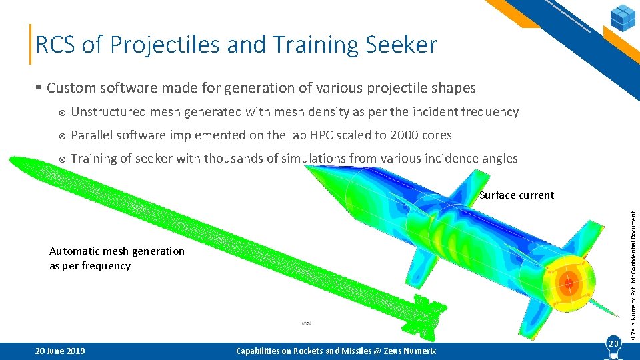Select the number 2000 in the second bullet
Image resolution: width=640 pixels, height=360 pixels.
[393, 135]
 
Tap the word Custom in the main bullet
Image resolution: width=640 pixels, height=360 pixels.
[69, 88]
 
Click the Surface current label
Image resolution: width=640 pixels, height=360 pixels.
[517, 195]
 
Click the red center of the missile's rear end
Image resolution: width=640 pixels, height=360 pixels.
[568, 283]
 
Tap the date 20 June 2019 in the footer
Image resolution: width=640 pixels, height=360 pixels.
[59, 351]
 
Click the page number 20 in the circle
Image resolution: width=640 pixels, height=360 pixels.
[613, 343]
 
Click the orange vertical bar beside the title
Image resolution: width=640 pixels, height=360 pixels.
[31, 45]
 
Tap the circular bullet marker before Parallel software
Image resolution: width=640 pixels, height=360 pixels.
[61, 136]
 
